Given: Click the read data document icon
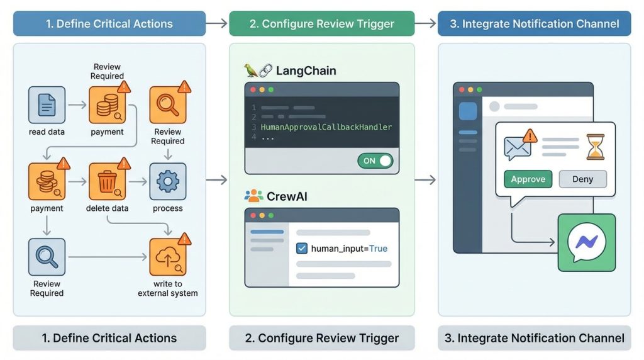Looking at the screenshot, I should (47, 104).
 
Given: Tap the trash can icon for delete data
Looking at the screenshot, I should (107, 181).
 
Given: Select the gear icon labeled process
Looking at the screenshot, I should (167, 181).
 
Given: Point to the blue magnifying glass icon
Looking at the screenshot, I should (47, 257).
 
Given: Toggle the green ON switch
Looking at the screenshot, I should (375, 160).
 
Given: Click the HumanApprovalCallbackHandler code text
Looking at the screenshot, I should (326, 127).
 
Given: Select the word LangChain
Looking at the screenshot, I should (306, 70).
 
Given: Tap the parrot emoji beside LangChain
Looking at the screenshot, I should (251, 70).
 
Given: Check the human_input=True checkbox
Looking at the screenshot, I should (301, 248).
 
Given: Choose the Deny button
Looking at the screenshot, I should (582, 179).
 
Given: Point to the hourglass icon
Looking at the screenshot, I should (594, 147).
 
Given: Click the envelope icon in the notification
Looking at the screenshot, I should (518, 149).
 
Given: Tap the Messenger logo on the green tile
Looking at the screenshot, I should (586, 242).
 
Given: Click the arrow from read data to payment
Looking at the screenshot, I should (77, 104).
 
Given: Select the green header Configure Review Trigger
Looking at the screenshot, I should (321, 24).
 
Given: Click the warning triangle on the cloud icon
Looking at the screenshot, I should (184, 239).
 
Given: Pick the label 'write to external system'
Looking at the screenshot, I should (167, 289).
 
